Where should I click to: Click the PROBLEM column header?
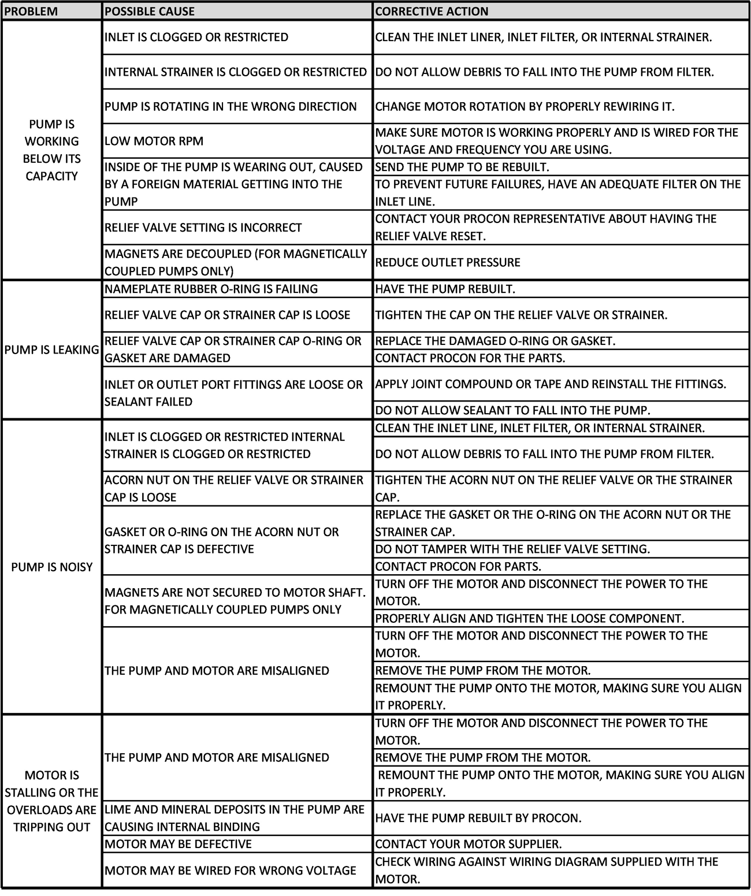(31, 11)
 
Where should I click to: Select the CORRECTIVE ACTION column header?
(432, 11)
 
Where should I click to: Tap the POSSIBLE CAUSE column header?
(150, 11)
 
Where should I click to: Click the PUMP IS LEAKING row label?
(51, 350)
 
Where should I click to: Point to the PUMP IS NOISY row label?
(51, 567)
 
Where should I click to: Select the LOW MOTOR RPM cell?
(154, 141)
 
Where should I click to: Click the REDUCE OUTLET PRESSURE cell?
(448, 262)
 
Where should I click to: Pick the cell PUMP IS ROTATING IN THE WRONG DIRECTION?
(230, 106)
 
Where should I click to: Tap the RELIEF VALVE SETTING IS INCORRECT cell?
(203, 228)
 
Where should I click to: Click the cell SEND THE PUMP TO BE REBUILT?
(462, 167)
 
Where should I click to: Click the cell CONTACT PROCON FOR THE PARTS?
(470, 358)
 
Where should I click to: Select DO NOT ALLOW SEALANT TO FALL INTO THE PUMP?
(512, 410)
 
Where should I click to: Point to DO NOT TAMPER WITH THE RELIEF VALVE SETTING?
(512, 549)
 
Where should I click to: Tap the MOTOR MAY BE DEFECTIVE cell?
(178, 844)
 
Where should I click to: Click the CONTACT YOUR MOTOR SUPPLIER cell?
(469, 844)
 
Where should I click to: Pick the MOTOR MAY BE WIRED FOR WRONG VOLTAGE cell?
(230, 870)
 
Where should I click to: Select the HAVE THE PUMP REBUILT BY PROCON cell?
(478, 818)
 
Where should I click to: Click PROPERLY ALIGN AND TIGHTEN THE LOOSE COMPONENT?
(529, 618)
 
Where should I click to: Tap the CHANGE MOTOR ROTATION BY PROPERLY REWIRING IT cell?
(525, 106)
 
